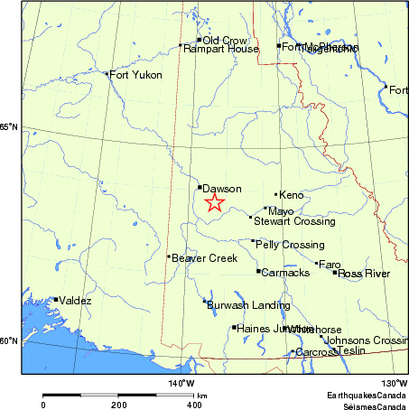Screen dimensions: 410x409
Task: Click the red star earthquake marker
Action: coord(214,202)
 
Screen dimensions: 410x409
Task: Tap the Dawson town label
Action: coord(222,189)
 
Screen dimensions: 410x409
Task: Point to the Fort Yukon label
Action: coord(135,75)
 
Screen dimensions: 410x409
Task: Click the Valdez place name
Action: coord(75,301)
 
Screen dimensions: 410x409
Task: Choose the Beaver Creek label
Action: coord(204,258)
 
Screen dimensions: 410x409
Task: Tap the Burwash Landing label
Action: coord(237,305)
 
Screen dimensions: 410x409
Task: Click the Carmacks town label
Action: coord(285,273)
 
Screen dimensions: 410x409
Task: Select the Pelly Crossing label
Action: coord(290,245)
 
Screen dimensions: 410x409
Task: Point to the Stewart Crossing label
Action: coord(294,221)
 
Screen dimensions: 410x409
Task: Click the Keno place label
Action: coord(292,195)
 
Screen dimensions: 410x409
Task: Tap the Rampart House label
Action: coord(221,49)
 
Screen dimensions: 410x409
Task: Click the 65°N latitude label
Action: coord(9,127)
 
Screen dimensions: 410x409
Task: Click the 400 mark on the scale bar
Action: coord(194,406)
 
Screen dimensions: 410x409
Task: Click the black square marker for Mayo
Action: coord(265,209)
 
